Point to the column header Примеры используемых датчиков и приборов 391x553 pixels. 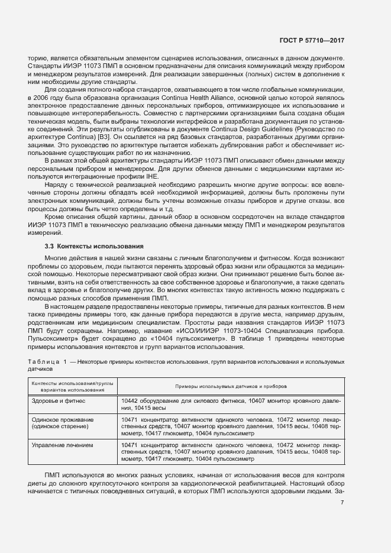pyautogui.click(x=231, y=386)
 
